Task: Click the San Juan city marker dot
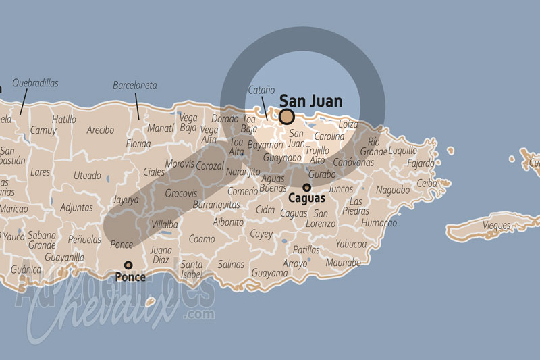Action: click(x=286, y=117)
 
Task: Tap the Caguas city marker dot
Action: click(x=306, y=188)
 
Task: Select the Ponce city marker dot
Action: click(x=128, y=265)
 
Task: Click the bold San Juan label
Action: click(x=310, y=101)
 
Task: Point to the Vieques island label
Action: click(x=496, y=225)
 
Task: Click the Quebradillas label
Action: click(x=35, y=83)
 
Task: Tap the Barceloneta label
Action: click(x=135, y=86)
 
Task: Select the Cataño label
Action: click(x=261, y=90)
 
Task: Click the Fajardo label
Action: click(x=421, y=163)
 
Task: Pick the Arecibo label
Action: click(x=101, y=130)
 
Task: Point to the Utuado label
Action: click(x=87, y=176)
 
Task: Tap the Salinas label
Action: click(x=231, y=264)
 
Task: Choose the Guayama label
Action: click(x=269, y=273)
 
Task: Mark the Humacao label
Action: click(x=379, y=222)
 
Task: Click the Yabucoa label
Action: click(x=351, y=244)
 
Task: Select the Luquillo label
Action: click(x=403, y=151)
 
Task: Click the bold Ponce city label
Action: click(x=130, y=277)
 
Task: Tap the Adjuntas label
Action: click(x=76, y=207)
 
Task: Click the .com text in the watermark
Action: click(x=201, y=315)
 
